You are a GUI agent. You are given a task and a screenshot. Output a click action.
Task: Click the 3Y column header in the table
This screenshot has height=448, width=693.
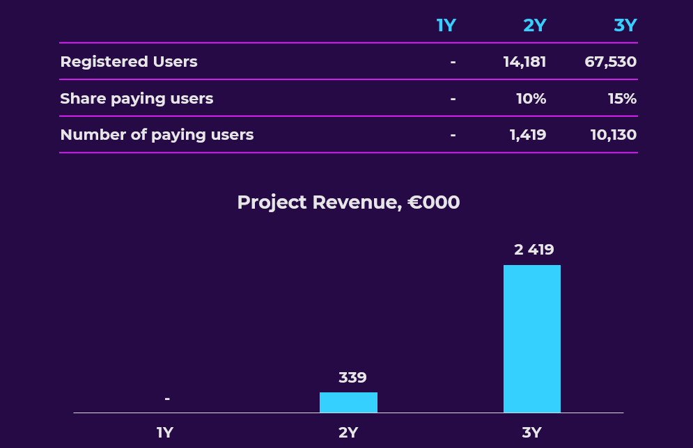pyautogui.click(x=625, y=26)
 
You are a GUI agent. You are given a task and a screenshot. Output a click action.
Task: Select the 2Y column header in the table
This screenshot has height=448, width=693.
pyautogui.click(x=534, y=26)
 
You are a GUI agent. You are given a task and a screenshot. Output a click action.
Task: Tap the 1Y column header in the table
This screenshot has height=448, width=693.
pyautogui.click(x=446, y=26)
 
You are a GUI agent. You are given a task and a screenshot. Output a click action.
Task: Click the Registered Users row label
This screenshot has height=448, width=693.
pyautogui.click(x=129, y=62)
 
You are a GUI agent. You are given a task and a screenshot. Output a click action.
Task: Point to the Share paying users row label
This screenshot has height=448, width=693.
pyautogui.click(x=137, y=99)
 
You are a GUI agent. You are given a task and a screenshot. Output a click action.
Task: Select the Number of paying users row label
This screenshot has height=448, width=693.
pyautogui.click(x=157, y=135)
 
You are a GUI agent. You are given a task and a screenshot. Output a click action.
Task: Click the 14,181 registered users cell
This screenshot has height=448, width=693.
pyautogui.click(x=524, y=62)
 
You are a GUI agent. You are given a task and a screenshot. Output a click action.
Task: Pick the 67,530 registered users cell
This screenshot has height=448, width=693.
pyautogui.click(x=610, y=62)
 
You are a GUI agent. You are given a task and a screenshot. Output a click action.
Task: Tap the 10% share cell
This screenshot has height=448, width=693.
pyautogui.click(x=531, y=99)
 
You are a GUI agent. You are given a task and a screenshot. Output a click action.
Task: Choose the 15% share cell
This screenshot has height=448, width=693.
pyautogui.click(x=622, y=99)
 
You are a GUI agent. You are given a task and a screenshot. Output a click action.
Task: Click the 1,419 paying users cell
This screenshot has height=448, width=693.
pyautogui.click(x=528, y=135)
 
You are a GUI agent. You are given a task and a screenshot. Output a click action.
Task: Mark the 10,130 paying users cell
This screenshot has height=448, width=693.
pyautogui.click(x=613, y=135)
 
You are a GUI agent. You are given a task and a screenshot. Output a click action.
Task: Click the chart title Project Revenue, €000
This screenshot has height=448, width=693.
pyautogui.click(x=348, y=202)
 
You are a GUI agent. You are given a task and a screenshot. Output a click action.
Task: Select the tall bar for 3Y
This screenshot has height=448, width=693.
pyautogui.click(x=531, y=339)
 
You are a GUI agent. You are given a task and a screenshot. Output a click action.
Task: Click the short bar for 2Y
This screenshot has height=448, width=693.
pyautogui.click(x=348, y=402)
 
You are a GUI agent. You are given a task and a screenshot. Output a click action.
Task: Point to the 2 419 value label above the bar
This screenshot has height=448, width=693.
pyautogui.click(x=534, y=250)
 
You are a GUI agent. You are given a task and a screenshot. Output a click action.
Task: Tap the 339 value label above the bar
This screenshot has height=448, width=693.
pyautogui.click(x=352, y=378)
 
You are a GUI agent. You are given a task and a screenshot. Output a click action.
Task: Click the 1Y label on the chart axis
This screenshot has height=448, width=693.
pyautogui.click(x=164, y=433)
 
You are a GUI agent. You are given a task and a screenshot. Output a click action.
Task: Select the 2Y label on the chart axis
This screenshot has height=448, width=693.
pyautogui.click(x=348, y=433)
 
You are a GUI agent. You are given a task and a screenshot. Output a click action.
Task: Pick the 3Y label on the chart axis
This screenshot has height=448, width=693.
pyautogui.click(x=531, y=433)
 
